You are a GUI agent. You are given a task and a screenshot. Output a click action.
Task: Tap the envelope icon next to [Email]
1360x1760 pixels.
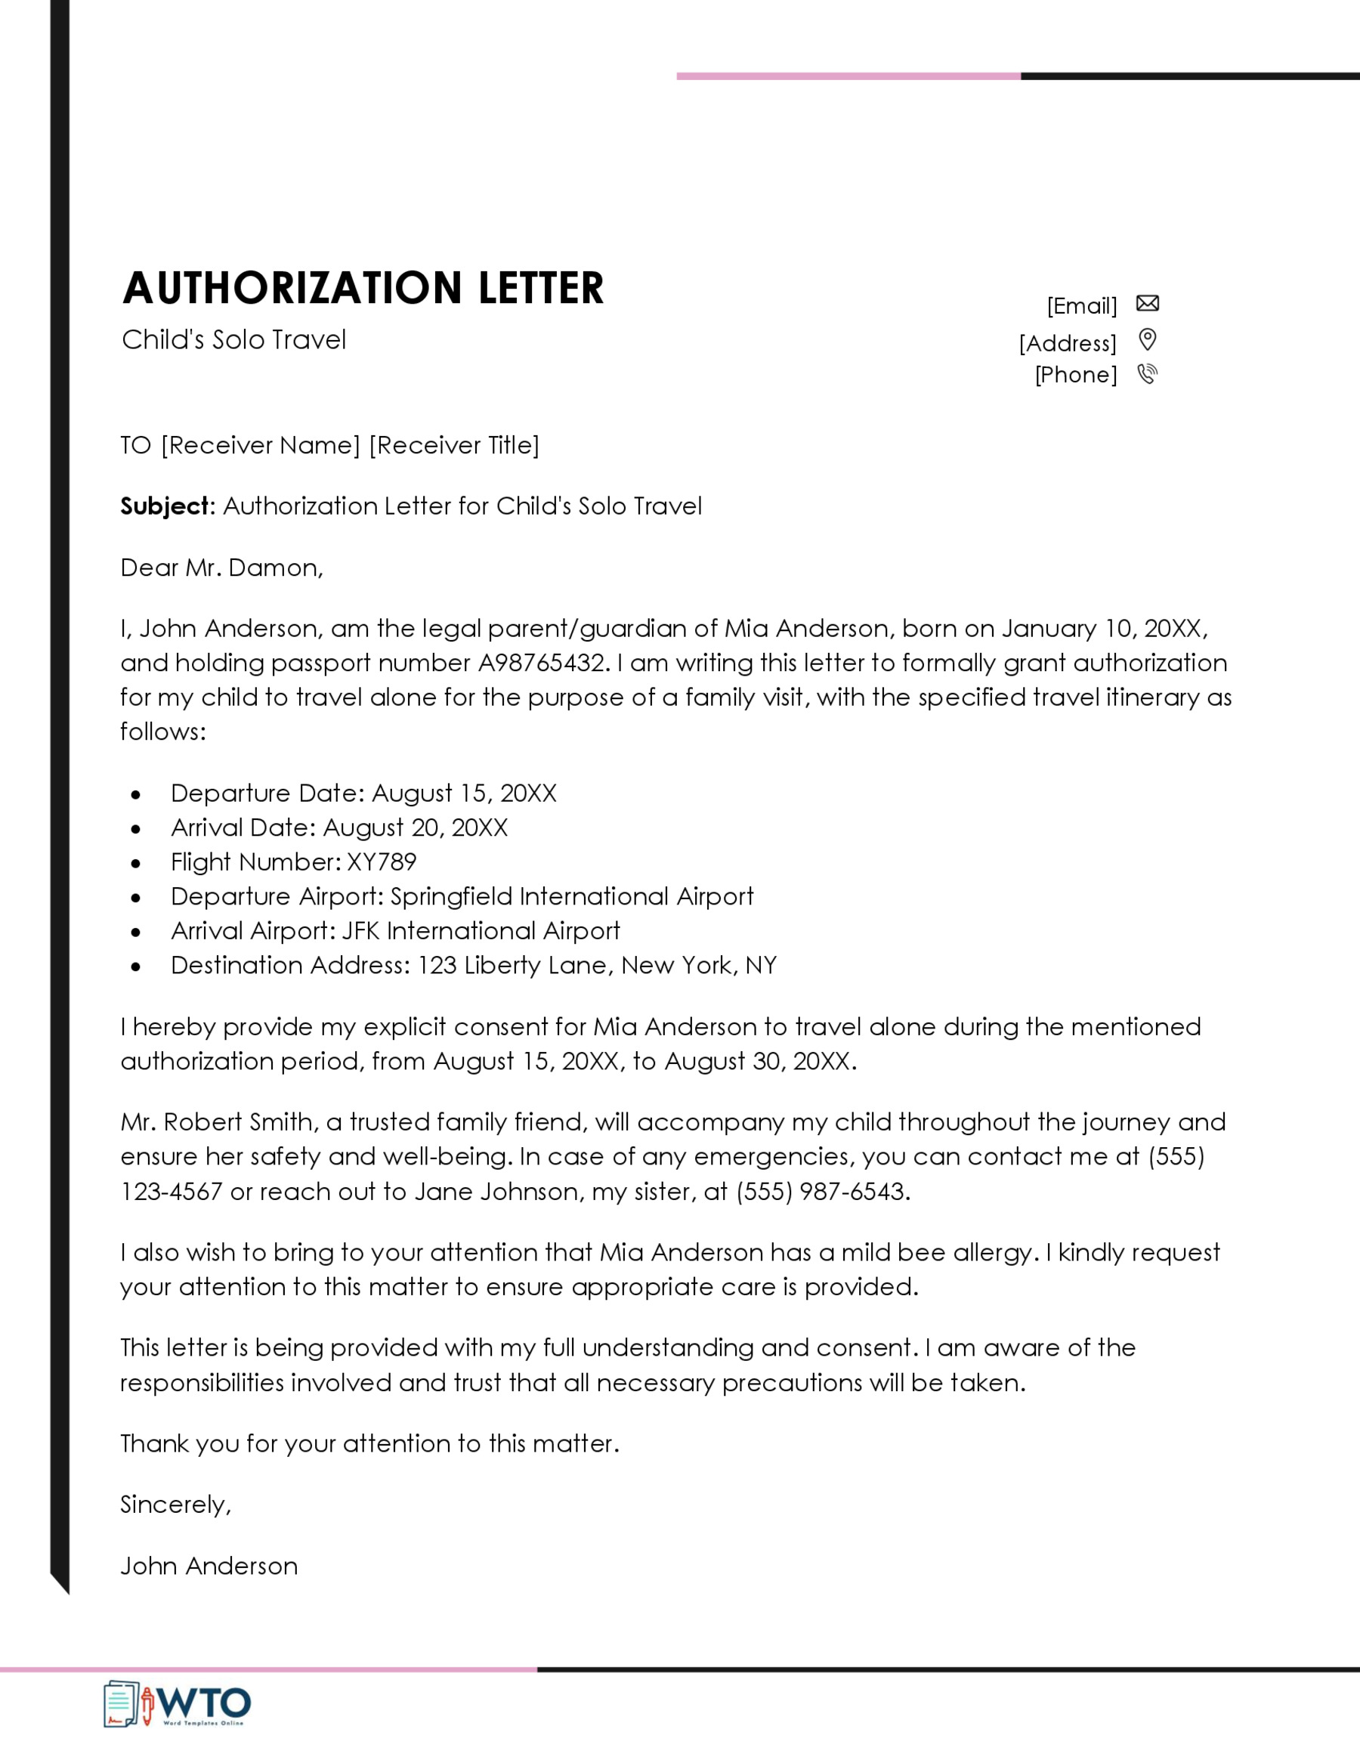tap(1147, 303)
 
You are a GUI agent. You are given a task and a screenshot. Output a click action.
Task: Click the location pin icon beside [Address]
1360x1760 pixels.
tap(1147, 339)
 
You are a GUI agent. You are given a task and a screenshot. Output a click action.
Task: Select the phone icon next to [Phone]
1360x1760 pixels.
tap(1147, 374)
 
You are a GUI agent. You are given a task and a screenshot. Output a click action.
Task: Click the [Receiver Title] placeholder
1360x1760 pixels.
tap(454, 445)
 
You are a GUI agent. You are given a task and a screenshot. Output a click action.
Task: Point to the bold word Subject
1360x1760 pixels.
tap(165, 506)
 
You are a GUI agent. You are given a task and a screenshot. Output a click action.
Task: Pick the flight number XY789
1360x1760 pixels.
tap(381, 861)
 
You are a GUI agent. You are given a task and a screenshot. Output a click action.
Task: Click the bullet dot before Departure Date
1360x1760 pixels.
tap(135, 794)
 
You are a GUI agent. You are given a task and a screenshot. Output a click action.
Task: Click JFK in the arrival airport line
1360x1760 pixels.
tap(360, 931)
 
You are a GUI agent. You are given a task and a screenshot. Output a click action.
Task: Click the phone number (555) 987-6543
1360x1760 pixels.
tap(823, 1191)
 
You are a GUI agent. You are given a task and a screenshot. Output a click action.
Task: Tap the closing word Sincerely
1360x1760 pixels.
tap(175, 1505)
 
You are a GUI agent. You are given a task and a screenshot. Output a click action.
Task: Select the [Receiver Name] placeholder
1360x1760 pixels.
tap(260, 445)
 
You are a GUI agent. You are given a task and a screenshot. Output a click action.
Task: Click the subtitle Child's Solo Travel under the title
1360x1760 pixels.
tap(233, 339)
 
